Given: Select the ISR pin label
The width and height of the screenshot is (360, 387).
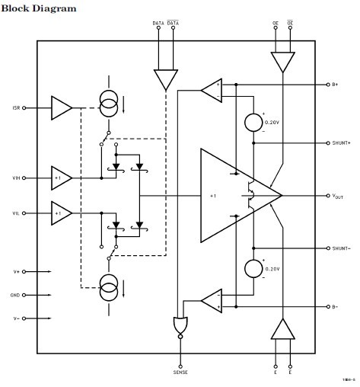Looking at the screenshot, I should (x=17, y=107).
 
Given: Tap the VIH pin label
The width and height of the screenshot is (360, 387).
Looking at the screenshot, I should (x=17, y=178).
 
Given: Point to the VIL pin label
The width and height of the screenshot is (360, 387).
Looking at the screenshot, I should (x=17, y=214).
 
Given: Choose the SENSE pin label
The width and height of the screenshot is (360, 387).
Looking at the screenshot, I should (x=180, y=372).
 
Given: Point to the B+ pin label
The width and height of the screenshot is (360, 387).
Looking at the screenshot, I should (x=334, y=85).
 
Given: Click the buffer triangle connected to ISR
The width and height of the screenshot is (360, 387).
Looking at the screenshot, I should (x=61, y=107).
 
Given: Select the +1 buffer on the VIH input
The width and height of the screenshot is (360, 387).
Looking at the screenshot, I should (x=61, y=178).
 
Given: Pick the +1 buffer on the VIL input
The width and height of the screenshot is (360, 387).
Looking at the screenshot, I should (x=61, y=214).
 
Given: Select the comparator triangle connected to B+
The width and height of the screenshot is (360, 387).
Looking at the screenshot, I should (x=211, y=90).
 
